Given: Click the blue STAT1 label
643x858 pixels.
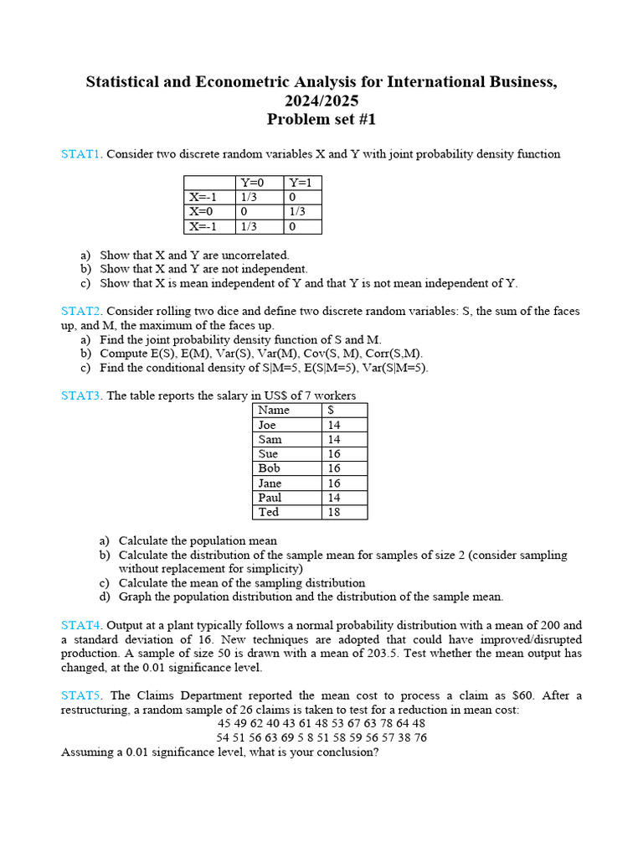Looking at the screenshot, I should tap(80, 154).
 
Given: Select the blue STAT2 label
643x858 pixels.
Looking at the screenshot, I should tap(80, 311).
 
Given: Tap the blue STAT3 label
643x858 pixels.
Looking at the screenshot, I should tap(80, 395).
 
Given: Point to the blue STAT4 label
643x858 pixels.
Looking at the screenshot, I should tap(80, 625).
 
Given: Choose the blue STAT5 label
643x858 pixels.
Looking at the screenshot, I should tap(80, 695).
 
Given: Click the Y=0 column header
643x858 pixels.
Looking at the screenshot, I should tap(252, 183).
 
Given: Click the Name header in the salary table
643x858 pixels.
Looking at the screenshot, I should tap(274, 410).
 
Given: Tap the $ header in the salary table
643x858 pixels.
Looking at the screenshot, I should tap(332, 410).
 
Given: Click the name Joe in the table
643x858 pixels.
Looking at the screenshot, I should tap(267, 425).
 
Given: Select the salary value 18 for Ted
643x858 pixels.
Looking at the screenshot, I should tap(334, 512).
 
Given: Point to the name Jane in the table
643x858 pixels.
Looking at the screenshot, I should tap(270, 483).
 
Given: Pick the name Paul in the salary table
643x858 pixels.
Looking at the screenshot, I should tap(270, 498).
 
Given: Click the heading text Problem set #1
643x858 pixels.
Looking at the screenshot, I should tap(321, 119).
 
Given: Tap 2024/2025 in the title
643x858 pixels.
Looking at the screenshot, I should tap(321, 101).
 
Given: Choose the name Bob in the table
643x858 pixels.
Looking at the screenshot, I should tap(269, 468).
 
